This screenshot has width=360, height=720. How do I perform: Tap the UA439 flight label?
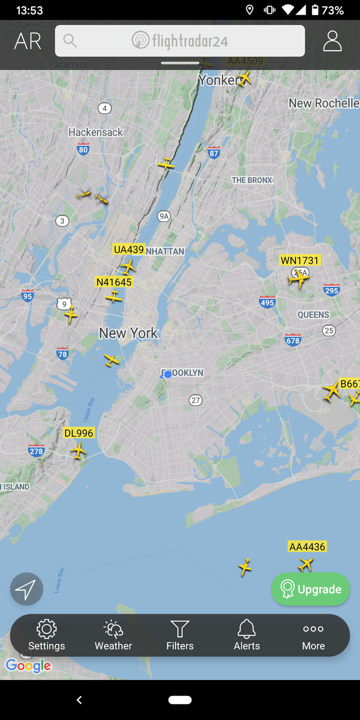tap(129, 249)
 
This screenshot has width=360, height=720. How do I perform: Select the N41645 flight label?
tap(114, 282)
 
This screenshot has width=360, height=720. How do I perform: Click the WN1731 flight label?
tap(300, 260)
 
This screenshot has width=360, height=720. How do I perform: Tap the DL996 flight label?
tap(79, 433)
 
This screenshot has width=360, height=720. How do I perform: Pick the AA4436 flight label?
tap(307, 546)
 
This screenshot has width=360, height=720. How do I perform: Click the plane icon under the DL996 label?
tap(79, 450)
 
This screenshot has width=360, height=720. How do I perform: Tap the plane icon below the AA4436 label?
tap(306, 564)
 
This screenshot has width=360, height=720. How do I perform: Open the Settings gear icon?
tap(46, 629)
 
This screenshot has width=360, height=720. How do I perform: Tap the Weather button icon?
tap(113, 629)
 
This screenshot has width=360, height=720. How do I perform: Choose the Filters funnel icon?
tap(180, 629)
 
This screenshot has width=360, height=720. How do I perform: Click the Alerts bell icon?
tap(246, 629)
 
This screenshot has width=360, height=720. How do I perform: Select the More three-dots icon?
tap(313, 629)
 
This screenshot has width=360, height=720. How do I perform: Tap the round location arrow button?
tap(26, 589)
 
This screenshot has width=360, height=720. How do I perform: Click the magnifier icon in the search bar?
tap(70, 40)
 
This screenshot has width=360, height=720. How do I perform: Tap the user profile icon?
tap(332, 40)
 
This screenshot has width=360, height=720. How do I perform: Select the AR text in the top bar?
tap(28, 41)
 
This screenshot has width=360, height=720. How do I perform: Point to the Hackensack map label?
tap(96, 132)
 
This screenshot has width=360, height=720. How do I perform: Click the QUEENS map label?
tap(313, 315)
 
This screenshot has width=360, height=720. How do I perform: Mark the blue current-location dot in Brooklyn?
tap(168, 374)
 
